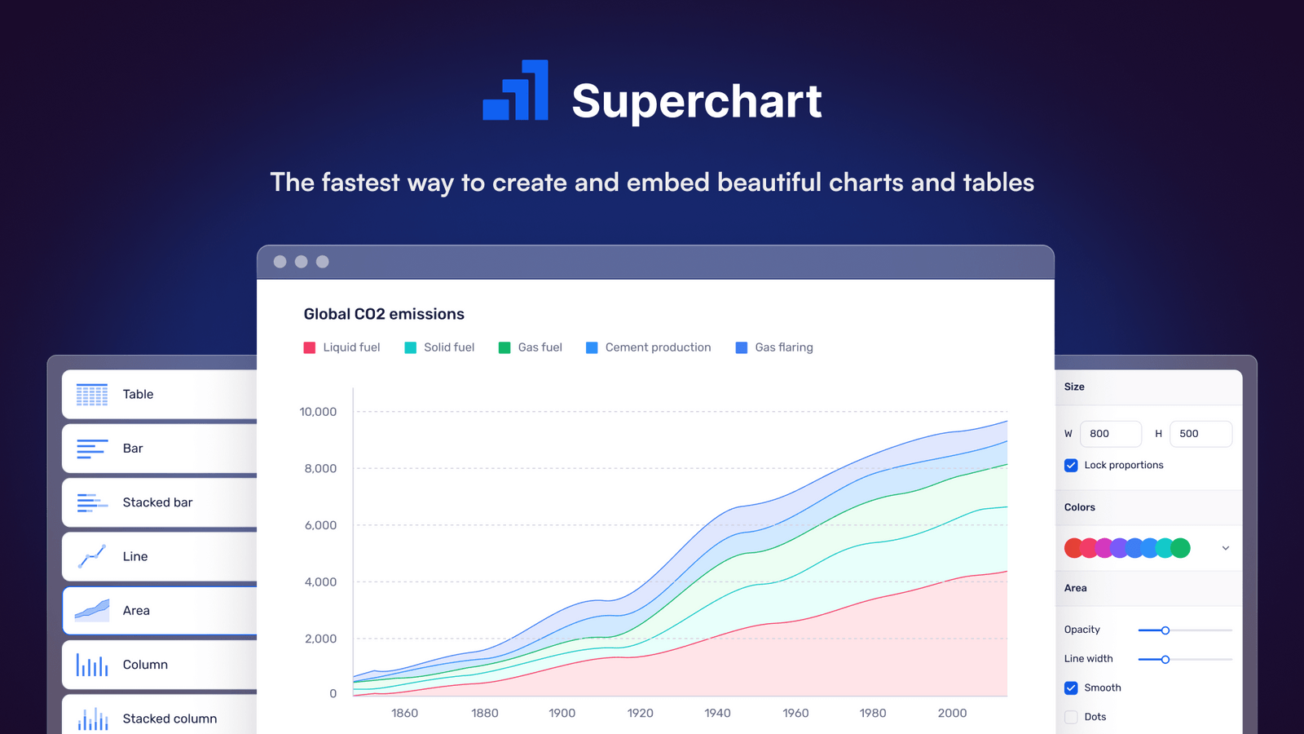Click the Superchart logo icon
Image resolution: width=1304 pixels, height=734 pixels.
pos(515,91)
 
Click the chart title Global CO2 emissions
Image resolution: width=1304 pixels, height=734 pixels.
pos(384,314)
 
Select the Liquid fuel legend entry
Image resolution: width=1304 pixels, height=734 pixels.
pos(342,347)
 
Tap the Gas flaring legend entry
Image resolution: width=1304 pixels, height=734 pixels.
pos(774,347)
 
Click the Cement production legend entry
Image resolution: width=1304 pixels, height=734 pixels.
pos(649,347)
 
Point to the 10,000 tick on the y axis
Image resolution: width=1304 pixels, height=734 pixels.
pos(318,412)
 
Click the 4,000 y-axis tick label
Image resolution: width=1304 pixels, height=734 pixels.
pos(320,582)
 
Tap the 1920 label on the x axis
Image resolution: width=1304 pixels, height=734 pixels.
pos(640,713)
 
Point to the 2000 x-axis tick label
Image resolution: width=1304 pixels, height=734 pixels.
pos(952,713)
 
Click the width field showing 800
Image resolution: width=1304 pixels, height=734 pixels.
pos(1110,434)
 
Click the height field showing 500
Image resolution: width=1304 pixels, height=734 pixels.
pos(1200,434)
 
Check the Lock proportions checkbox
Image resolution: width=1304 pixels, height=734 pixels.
pos(1071,466)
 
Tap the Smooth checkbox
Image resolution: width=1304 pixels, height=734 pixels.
pos(1071,688)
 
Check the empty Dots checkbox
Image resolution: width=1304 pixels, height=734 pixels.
pos(1071,717)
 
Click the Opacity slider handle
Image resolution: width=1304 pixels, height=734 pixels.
pos(1165,630)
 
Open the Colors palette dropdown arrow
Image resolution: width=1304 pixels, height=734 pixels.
pos(1225,548)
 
